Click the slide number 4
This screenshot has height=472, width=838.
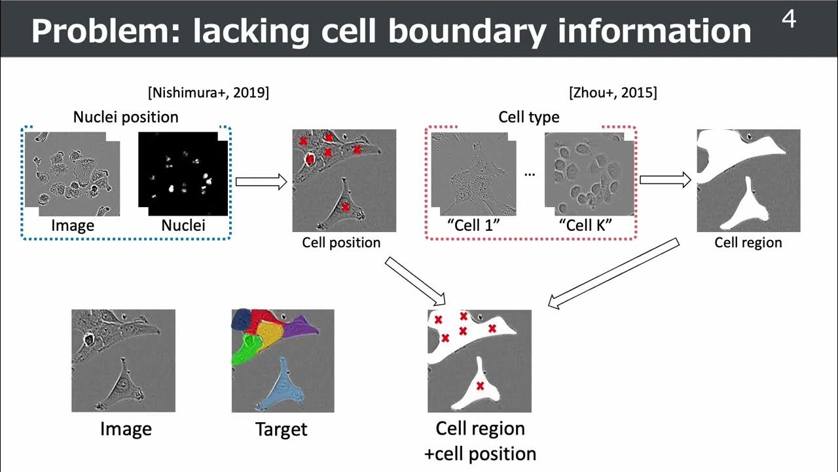tap(789, 20)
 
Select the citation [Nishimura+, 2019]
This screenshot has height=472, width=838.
tap(208, 92)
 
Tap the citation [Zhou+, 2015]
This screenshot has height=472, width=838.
tap(613, 92)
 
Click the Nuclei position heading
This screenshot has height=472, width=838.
tap(126, 117)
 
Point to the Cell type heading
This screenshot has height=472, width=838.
tap(529, 117)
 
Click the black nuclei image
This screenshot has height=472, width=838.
tap(183, 174)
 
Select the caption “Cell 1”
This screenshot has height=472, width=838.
tap(473, 225)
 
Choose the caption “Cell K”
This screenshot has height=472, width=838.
tap(585, 225)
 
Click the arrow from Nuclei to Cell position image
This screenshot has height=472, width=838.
tap(261, 182)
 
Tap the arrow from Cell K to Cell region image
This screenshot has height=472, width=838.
tap(665, 180)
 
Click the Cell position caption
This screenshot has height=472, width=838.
tap(341, 243)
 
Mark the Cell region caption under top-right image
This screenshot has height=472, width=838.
tap(748, 243)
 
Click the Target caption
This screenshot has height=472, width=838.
tap(281, 429)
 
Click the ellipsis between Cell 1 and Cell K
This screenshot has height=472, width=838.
tap(530, 174)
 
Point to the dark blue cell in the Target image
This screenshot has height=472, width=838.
tap(242, 319)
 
